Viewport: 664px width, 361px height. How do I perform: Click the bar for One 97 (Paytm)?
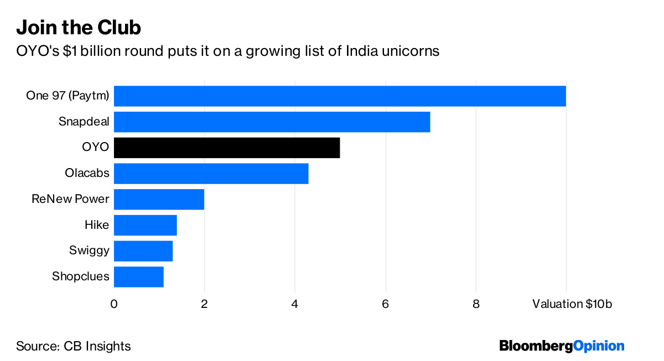[340, 96]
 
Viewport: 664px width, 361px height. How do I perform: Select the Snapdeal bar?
[272, 122]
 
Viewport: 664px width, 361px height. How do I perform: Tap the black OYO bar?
[227, 148]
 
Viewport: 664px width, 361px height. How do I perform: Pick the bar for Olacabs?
[211, 174]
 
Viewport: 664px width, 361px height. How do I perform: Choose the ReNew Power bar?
[159, 199]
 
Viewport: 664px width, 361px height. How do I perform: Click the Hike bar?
[145, 225]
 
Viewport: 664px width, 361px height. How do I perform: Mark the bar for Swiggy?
[143, 250]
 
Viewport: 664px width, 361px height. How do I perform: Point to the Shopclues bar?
[138, 276]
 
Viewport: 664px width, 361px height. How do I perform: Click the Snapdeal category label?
[84, 122]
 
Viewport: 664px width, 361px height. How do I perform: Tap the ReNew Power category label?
[70, 199]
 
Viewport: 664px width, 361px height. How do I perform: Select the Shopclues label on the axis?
[80, 276]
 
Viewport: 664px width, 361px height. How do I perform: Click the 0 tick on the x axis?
[114, 304]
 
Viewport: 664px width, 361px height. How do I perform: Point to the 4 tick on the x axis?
[295, 304]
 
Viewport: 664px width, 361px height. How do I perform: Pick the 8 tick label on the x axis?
[476, 304]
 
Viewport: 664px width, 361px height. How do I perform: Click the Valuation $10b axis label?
[572, 304]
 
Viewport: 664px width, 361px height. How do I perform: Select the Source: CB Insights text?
[73, 347]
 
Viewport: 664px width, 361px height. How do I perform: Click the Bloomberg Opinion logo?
[562, 346]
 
